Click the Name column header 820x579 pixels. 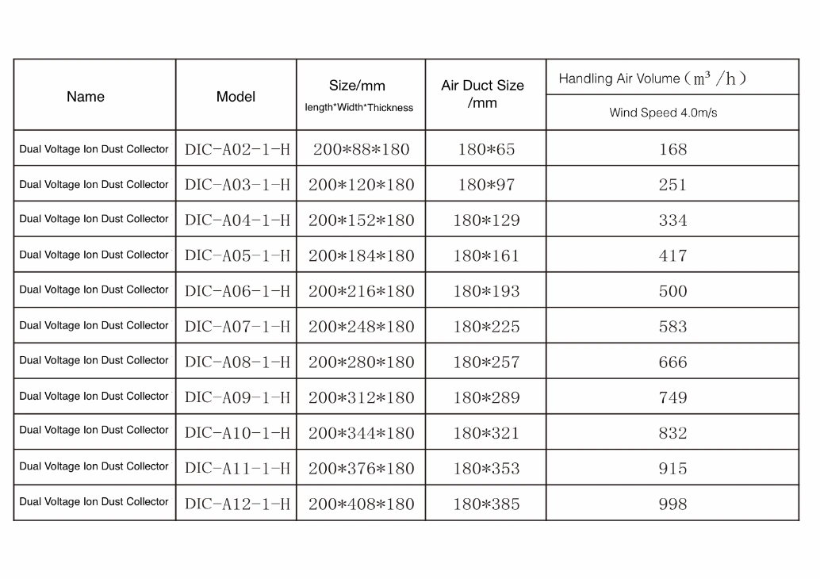coord(86,97)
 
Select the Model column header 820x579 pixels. coord(236,97)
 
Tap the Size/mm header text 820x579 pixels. coord(357,86)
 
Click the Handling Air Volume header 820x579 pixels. coord(653,79)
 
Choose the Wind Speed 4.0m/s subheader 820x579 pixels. coord(663,113)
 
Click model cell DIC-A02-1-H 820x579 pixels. coord(237,149)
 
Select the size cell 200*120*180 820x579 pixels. coord(362,185)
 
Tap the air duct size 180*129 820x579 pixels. coord(486,220)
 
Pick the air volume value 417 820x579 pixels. coord(672,256)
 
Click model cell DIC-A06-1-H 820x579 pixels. coord(237,291)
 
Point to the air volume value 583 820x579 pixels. coord(672,327)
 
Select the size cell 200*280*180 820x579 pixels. coord(362,362)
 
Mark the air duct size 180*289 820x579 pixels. coord(486,397)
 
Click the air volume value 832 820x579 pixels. coord(672,433)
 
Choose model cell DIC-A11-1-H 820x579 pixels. coord(237,469)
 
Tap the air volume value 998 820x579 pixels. coord(672,504)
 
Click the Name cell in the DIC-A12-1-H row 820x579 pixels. coord(94,502)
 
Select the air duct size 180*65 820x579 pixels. coord(486,149)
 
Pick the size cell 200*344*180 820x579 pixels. coord(362,433)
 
